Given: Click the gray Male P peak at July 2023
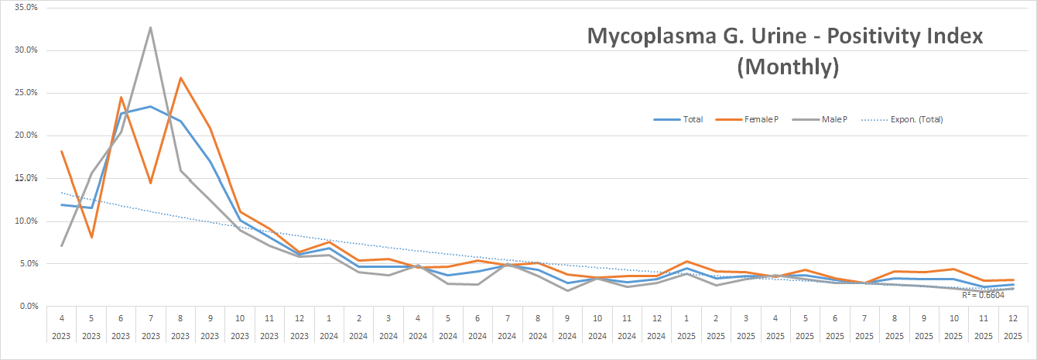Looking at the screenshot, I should pyautogui.click(x=150, y=28).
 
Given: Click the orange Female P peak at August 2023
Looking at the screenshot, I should pyautogui.click(x=180, y=78).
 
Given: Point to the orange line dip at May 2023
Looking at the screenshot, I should pyautogui.click(x=91, y=237).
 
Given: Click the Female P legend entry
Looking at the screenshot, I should pyautogui.click(x=759, y=119).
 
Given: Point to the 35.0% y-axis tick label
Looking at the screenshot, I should pyautogui.click(x=26, y=7).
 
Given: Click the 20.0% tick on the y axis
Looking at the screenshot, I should pyautogui.click(x=26, y=135).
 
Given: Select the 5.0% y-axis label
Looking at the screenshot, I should pyautogui.click(x=28, y=263).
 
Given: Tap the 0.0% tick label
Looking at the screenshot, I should pyautogui.click(x=28, y=307).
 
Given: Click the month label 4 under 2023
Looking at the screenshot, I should pyautogui.click(x=61, y=317).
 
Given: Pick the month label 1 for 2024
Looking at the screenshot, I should pyautogui.click(x=329, y=317).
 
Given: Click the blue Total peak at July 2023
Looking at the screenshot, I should pyautogui.click(x=150, y=107).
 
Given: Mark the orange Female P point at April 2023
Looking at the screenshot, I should pyautogui.click(x=61, y=151).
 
